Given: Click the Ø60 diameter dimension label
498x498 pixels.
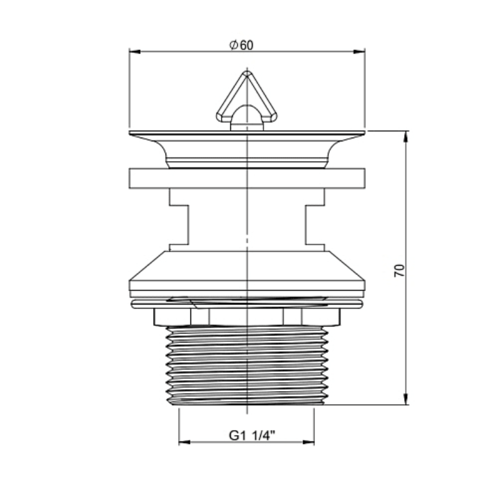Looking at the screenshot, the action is point(242,45).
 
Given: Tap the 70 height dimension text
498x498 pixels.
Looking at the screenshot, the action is point(400,270).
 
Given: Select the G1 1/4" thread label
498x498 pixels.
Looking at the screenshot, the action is point(252,436).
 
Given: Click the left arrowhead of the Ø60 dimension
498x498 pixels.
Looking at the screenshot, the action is point(134,52).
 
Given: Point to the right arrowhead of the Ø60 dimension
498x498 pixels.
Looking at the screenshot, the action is point(359,52).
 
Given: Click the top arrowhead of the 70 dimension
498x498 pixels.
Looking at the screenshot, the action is point(406,136).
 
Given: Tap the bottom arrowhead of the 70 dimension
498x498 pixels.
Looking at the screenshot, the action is point(406,399).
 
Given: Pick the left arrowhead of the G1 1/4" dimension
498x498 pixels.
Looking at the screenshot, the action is point(184,442).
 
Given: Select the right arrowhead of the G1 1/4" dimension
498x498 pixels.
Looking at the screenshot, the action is point(308,442).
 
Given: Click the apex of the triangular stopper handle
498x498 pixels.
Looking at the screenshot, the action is point(247,73).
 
